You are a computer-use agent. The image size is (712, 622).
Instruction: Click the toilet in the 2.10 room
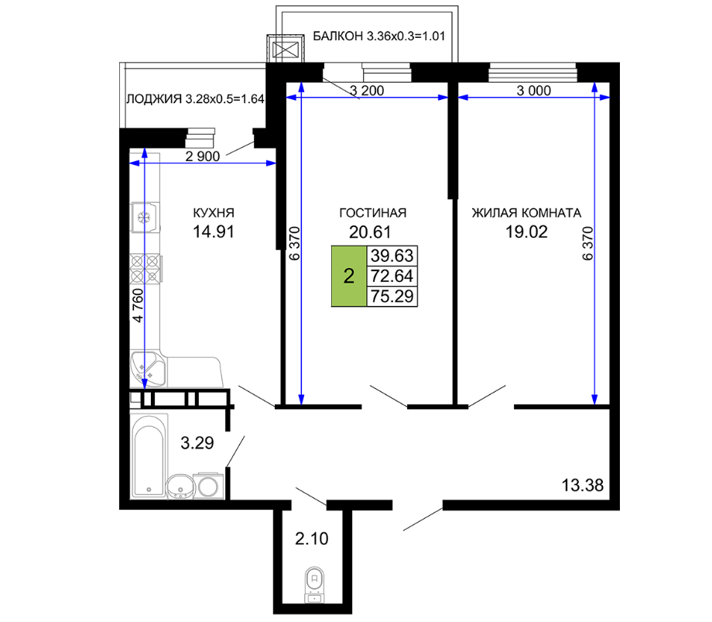(x=313, y=585)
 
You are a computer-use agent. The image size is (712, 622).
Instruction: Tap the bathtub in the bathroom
(x=149, y=455)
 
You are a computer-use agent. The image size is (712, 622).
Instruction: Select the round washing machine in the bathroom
(x=208, y=486)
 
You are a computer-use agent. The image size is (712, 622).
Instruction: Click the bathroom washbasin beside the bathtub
(x=181, y=486)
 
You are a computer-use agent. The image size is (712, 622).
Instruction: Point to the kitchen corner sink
(x=147, y=368)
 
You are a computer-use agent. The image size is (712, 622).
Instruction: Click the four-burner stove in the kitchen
(x=145, y=269)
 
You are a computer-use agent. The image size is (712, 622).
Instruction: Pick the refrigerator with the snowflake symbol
(x=145, y=217)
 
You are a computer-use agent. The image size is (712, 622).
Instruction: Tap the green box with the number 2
(x=349, y=276)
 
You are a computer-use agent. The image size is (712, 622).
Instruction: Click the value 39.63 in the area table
(x=392, y=256)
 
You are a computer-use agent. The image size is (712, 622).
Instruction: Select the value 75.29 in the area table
(x=392, y=296)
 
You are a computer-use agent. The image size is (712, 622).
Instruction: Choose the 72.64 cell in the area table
(x=392, y=276)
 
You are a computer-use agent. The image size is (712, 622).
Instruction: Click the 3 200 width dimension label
(x=367, y=91)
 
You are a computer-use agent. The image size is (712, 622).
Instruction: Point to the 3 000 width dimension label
(x=534, y=91)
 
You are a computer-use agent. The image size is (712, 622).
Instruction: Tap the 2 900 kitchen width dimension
(x=203, y=156)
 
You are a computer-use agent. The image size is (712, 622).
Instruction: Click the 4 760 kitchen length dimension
(x=138, y=305)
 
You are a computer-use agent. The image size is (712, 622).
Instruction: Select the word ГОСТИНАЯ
(x=373, y=213)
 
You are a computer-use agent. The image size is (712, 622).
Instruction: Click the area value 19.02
(x=527, y=232)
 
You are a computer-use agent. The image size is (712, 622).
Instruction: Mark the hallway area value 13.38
(x=583, y=485)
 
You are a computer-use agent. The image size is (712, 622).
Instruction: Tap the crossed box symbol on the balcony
(x=285, y=48)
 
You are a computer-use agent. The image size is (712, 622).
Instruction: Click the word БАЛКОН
(x=338, y=36)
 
